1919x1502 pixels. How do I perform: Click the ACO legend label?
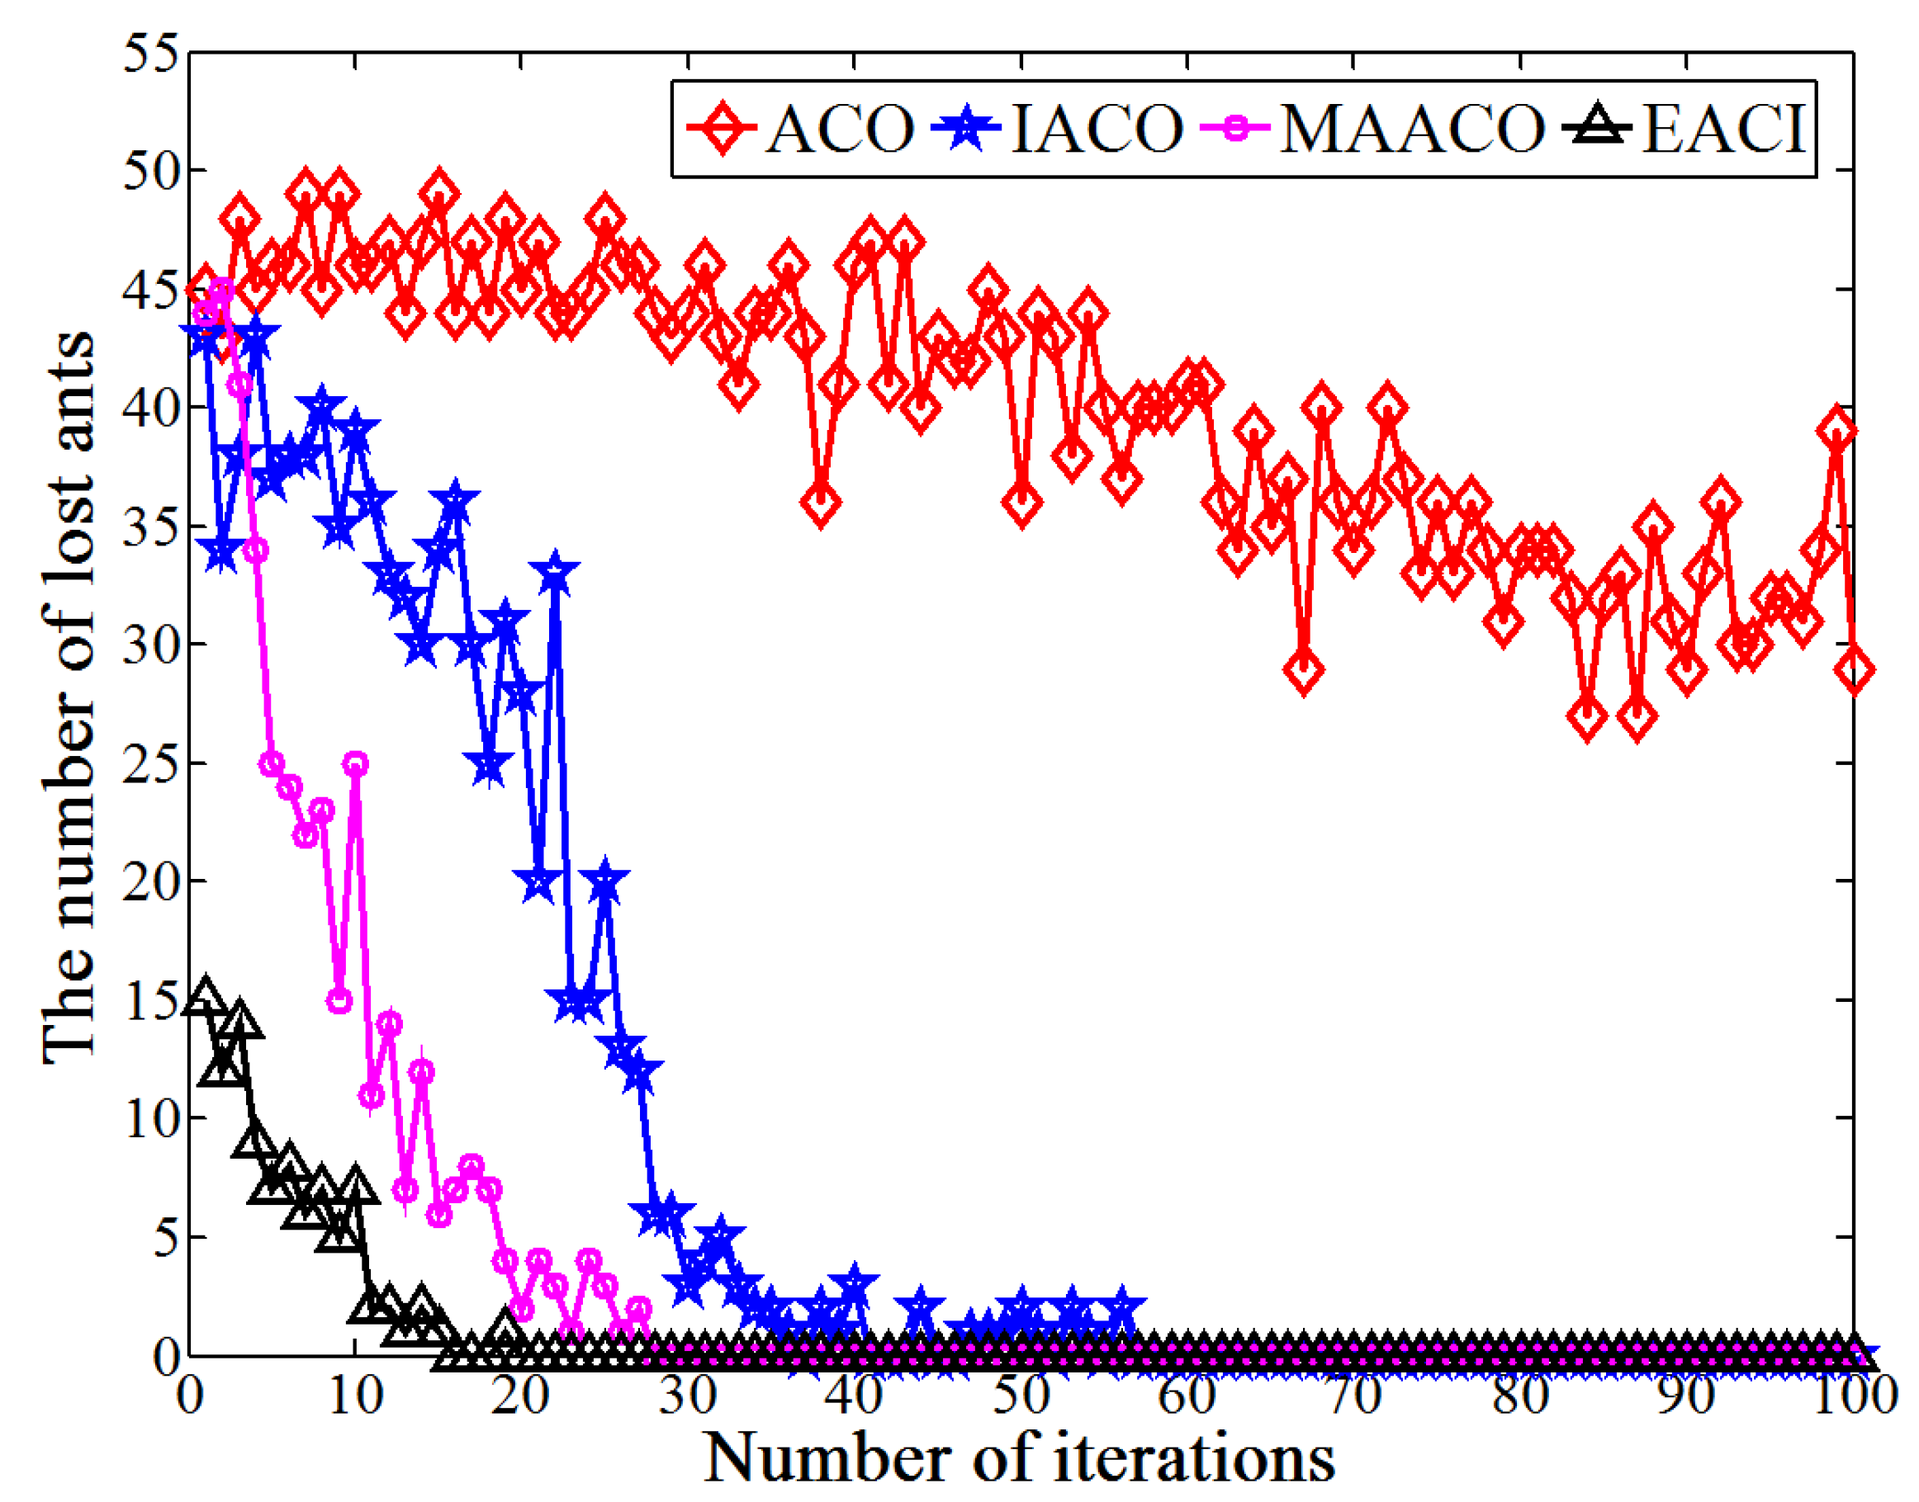840,129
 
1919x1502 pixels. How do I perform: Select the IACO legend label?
1097,129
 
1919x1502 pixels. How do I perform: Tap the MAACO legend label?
1411,129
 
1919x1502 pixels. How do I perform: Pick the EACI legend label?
1723,129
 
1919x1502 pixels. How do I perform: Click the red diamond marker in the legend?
722,129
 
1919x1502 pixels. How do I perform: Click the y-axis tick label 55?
150,54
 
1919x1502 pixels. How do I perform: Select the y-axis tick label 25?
150,763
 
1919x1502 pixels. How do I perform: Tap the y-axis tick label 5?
162,1237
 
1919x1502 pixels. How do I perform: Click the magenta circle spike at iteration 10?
355,763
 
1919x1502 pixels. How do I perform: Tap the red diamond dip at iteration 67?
1304,670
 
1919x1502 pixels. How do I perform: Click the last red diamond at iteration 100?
1854,670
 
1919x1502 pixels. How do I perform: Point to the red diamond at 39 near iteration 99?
1837,432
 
